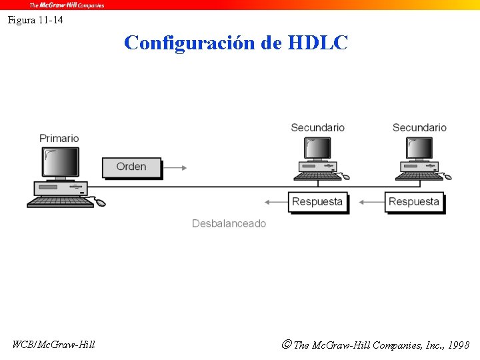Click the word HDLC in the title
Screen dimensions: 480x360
coord(318,43)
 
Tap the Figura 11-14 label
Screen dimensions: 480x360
coord(36,20)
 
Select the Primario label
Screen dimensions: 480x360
coord(59,138)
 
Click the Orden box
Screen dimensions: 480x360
coord(131,167)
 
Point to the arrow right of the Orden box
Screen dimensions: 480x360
coord(175,168)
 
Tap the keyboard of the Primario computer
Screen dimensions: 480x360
coord(60,201)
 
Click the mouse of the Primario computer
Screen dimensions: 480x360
coord(101,203)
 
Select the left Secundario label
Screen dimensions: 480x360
coord(317,127)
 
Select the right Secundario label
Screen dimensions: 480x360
coord(419,127)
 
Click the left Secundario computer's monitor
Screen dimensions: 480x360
coord(317,147)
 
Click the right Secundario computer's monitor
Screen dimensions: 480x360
coord(419,147)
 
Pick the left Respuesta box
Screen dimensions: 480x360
coord(317,201)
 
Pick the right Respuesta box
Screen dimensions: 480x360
coord(414,201)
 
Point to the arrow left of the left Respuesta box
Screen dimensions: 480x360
coord(275,201)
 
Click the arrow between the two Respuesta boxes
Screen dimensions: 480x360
coord(371,201)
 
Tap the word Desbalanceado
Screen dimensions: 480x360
coord(229,223)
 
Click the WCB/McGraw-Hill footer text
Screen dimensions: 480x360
coord(54,345)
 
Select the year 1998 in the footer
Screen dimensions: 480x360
coord(459,345)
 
